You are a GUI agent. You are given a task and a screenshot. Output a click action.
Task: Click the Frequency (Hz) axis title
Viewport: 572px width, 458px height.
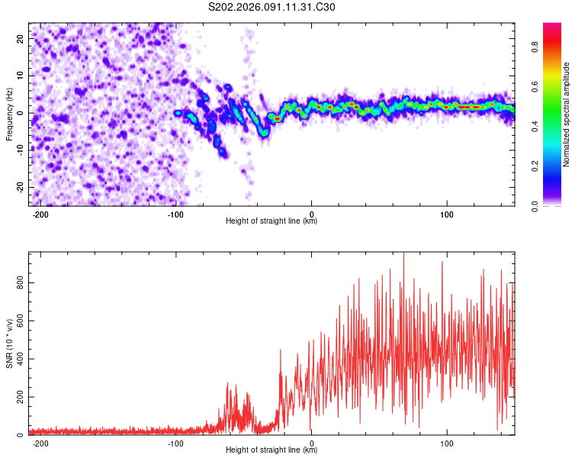point(9,114)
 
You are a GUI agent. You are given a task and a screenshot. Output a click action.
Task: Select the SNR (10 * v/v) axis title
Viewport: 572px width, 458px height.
point(9,343)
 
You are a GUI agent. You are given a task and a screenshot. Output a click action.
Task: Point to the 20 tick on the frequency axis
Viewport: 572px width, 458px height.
point(21,38)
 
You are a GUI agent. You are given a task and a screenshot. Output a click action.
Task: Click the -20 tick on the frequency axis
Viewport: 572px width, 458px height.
point(19,187)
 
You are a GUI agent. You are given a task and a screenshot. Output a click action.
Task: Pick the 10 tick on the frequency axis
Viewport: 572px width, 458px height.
point(21,76)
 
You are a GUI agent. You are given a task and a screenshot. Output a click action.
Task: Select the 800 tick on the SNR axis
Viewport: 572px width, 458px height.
point(18,284)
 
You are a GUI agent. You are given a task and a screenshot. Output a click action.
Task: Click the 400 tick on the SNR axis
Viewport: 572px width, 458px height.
point(18,360)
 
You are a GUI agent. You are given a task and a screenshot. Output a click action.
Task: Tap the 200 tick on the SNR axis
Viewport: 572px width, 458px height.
point(18,398)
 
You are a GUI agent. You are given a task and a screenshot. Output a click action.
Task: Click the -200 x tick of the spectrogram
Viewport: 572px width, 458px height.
point(41,214)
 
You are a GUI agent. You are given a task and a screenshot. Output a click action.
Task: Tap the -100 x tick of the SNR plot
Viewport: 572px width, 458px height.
point(176,443)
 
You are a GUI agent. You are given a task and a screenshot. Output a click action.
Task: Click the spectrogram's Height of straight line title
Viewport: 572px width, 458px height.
point(272,221)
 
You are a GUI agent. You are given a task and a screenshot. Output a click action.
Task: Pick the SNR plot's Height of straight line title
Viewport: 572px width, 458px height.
point(272,450)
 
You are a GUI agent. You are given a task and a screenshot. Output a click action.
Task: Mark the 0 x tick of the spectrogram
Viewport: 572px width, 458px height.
point(312,214)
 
